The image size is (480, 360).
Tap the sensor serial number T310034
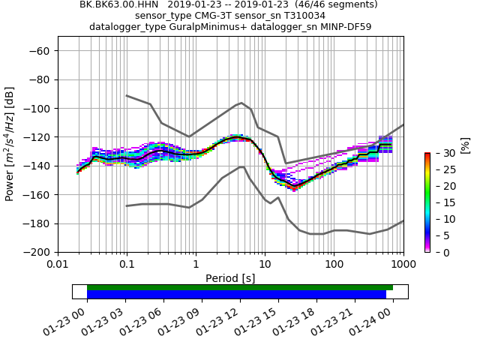(304, 16)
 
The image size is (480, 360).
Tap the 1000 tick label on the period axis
(403, 264)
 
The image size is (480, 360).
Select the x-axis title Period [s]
(230, 278)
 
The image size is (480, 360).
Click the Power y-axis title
(10, 145)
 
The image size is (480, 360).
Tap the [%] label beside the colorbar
(466, 145)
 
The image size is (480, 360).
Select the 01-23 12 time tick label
(226, 321)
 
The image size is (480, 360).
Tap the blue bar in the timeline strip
(236, 295)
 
